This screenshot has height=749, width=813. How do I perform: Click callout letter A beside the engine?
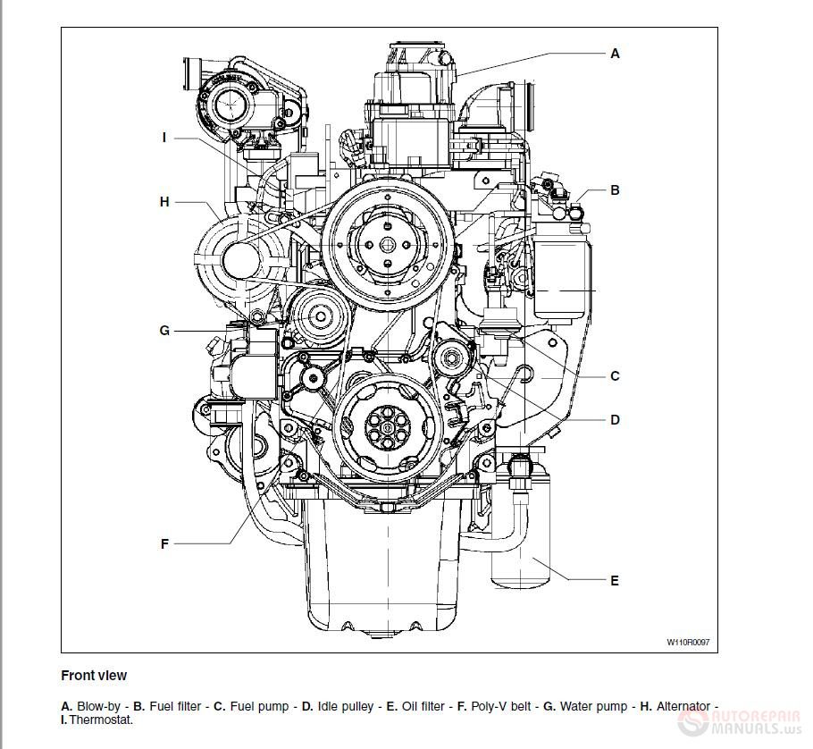tap(615, 54)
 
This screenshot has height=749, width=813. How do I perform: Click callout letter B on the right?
tap(615, 190)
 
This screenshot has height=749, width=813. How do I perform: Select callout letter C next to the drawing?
tap(615, 376)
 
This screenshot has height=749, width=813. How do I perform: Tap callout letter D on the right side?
tap(615, 420)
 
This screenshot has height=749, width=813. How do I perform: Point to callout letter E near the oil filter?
tap(615, 581)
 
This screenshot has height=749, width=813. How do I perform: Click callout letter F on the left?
tap(164, 543)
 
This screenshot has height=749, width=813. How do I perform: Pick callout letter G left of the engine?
tap(164, 331)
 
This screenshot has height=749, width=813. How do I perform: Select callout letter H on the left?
tap(164, 202)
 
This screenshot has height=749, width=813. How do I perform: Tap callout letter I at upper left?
tap(164, 138)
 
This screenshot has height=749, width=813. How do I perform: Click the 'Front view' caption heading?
tap(94, 676)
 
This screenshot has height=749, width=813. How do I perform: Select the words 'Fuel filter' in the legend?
tap(175, 706)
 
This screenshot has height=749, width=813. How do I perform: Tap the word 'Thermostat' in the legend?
tap(101, 719)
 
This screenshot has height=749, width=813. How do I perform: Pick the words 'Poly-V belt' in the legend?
tap(501, 706)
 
